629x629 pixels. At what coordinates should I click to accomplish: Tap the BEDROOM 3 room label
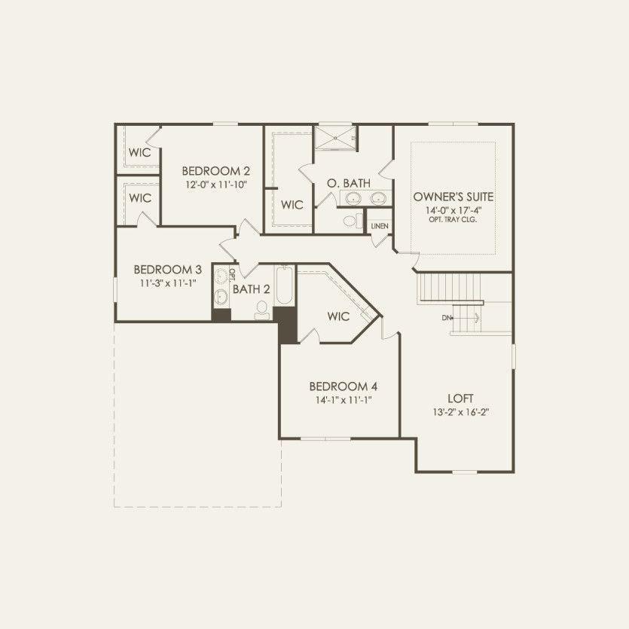(x=167, y=270)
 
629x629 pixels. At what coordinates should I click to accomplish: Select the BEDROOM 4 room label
(x=342, y=386)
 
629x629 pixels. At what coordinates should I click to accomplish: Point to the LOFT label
(x=460, y=398)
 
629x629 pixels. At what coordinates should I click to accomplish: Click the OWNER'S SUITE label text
(x=453, y=197)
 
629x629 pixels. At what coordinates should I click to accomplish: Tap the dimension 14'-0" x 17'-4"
(x=453, y=210)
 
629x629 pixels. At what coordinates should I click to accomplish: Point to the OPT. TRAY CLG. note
(x=453, y=220)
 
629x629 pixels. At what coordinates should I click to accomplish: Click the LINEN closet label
(x=378, y=225)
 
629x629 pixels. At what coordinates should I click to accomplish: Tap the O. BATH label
(x=348, y=183)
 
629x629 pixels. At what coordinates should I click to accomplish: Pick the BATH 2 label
(x=251, y=289)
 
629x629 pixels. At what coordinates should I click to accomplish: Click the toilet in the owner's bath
(x=350, y=221)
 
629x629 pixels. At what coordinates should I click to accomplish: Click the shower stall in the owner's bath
(x=336, y=137)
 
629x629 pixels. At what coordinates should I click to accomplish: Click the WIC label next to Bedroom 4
(x=339, y=316)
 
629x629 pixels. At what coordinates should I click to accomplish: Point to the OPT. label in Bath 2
(x=233, y=273)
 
